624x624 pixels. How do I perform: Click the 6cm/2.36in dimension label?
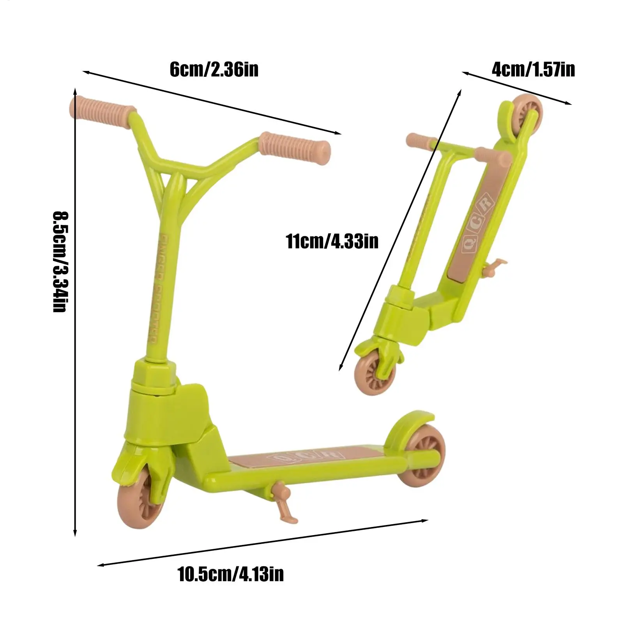(214, 70)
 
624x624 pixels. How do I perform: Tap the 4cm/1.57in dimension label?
(533, 70)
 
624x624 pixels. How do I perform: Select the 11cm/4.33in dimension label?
(332, 241)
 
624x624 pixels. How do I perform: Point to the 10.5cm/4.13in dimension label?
(231, 574)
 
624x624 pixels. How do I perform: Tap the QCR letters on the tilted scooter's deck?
(477, 223)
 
